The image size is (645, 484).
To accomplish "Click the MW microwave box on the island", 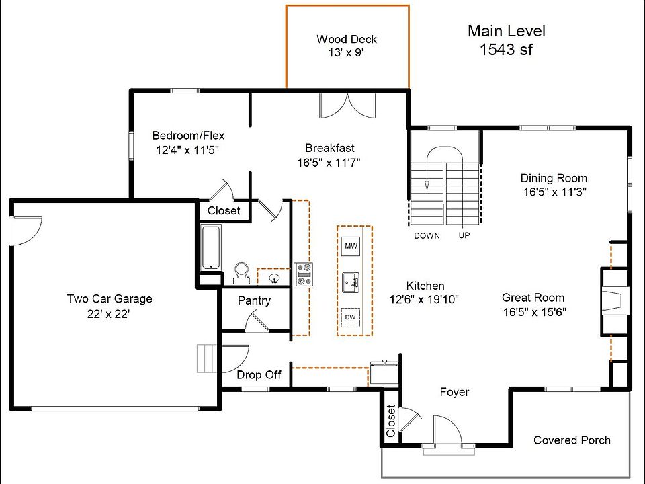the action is [x=351, y=246].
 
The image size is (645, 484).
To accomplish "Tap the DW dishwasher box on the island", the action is [x=351, y=317].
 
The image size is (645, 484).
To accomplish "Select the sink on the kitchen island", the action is [x=351, y=282].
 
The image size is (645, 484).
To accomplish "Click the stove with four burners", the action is [x=304, y=274].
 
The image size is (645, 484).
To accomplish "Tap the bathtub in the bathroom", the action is [x=210, y=247].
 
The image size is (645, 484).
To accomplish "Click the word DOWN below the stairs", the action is [x=427, y=236].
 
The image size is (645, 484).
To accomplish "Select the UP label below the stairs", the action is [x=464, y=235].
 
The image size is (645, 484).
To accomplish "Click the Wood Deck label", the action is [x=347, y=39].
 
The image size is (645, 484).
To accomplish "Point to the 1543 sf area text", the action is [x=506, y=49].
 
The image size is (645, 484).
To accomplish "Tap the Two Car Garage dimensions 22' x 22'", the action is [x=108, y=314].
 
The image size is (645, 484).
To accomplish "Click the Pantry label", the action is [x=254, y=301].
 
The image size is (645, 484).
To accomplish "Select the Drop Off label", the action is [x=259, y=375].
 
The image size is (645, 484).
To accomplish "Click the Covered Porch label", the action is [x=572, y=440].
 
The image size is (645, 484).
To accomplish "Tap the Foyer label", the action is [x=454, y=392].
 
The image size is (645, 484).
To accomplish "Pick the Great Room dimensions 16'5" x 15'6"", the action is [x=534, y=312].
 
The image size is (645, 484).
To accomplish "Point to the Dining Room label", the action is [x=554, y=178].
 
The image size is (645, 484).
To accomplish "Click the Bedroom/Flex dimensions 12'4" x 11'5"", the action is [x=187, y=150].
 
